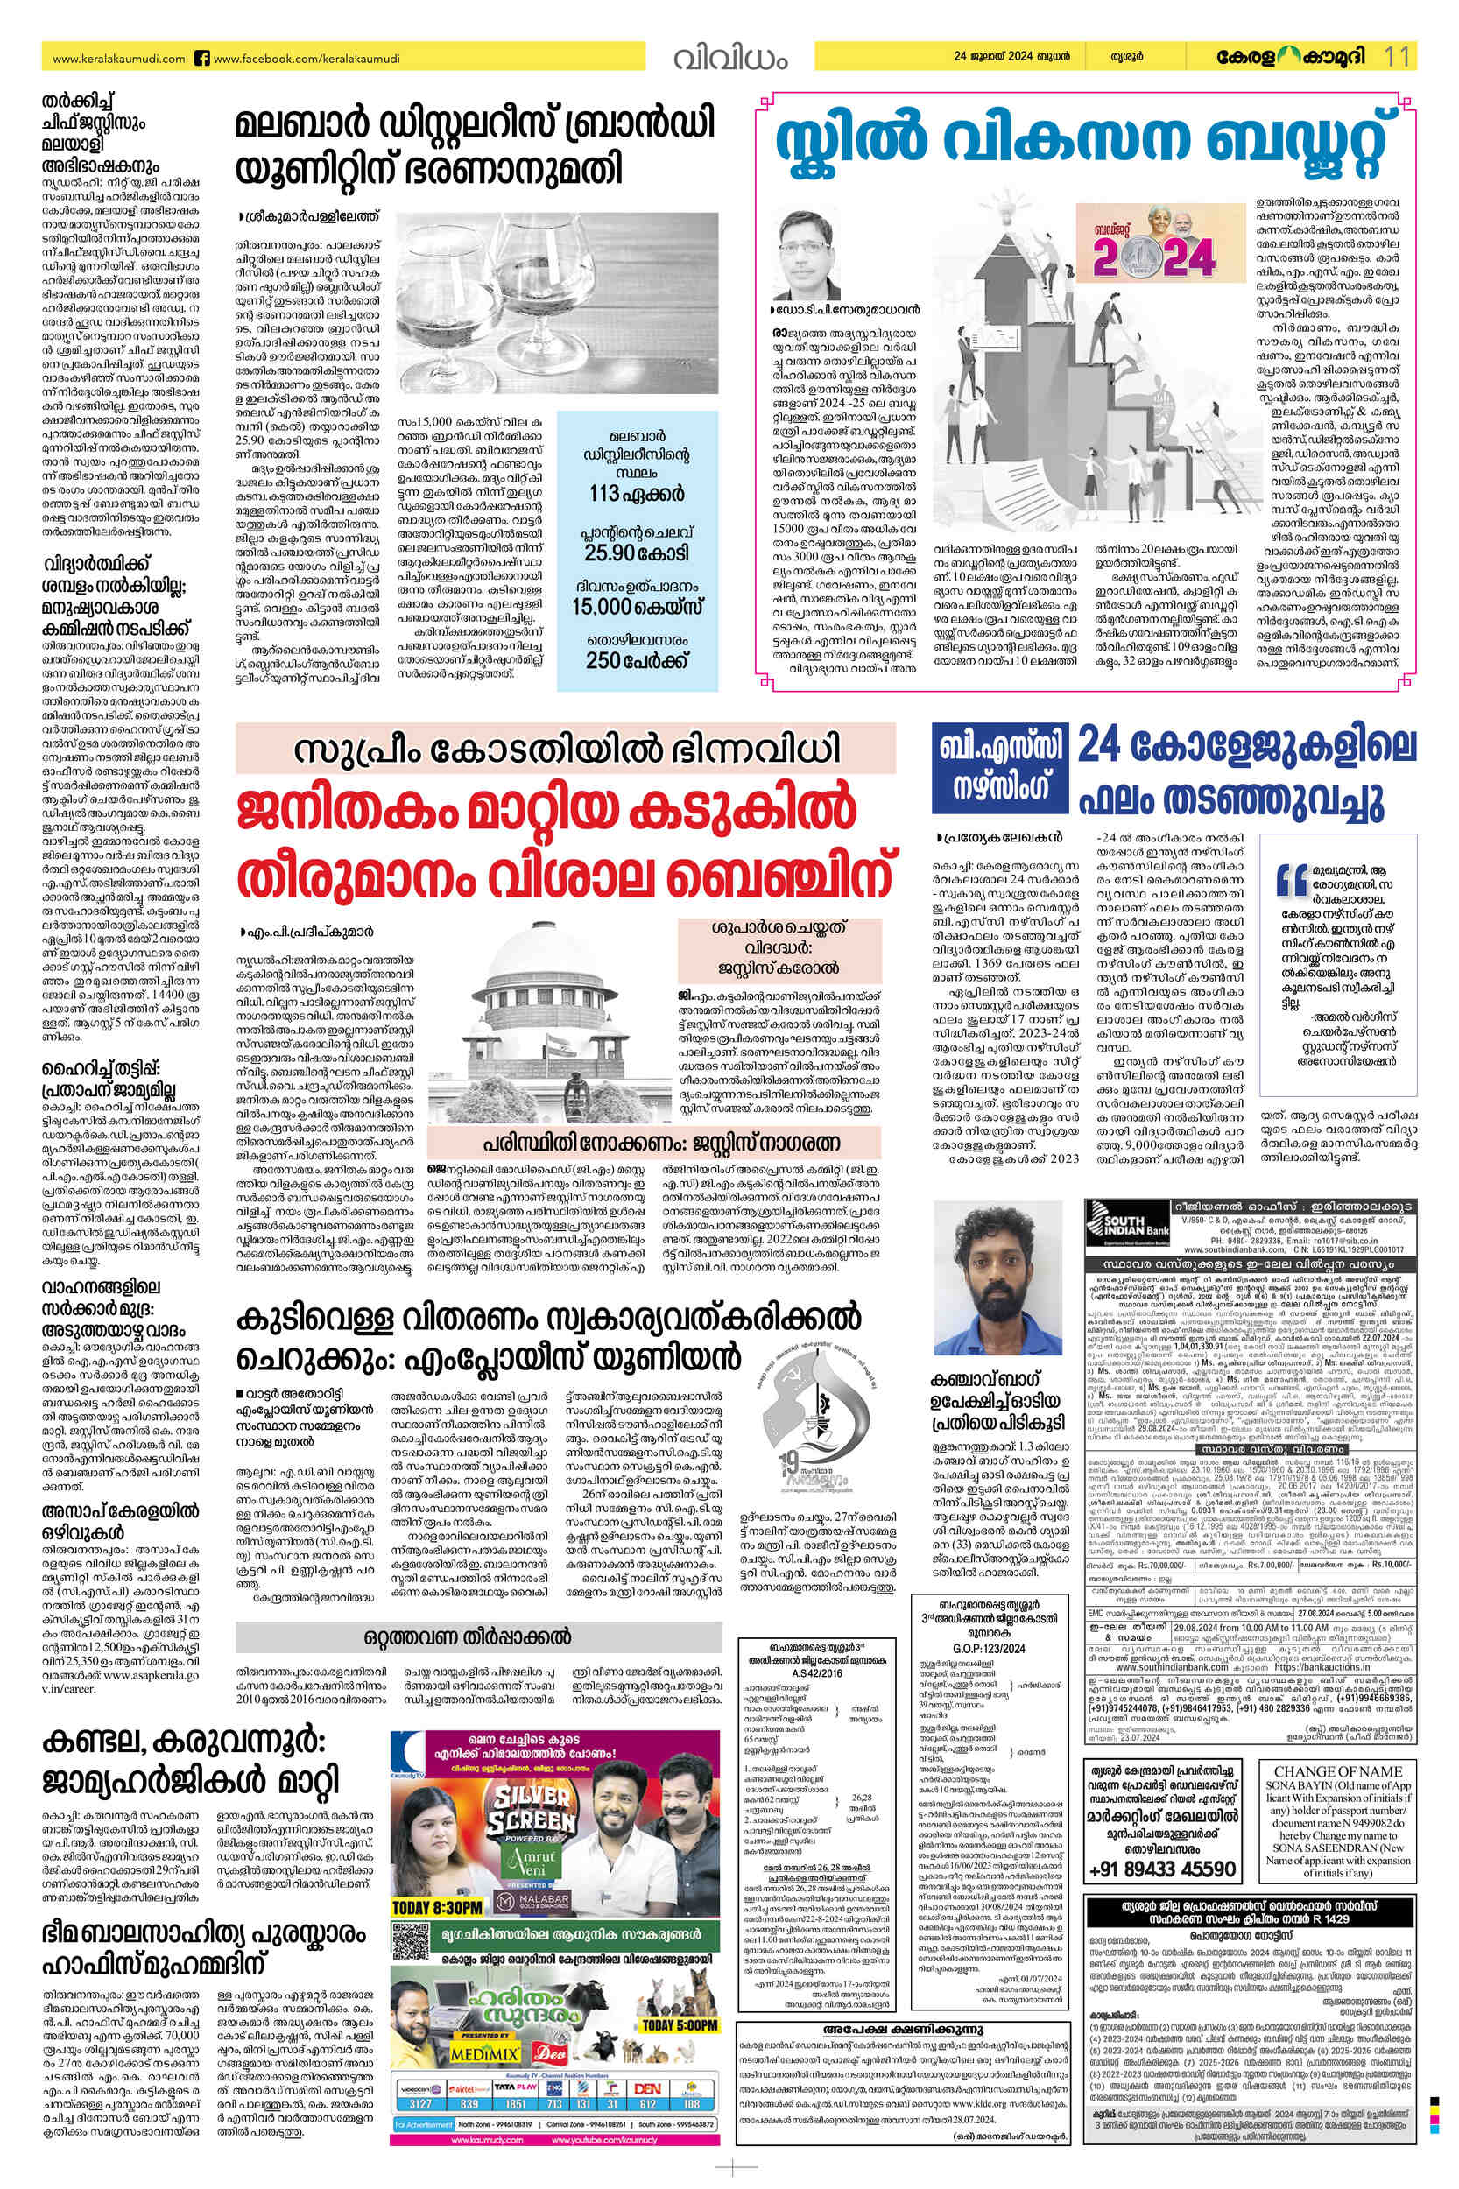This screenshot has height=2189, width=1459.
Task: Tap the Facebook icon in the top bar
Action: click(x=201, y=58)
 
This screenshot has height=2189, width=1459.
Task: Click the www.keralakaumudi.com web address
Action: click(x=119, y=58)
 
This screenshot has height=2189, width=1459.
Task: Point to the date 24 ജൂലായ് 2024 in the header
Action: click(x=1011, y=57)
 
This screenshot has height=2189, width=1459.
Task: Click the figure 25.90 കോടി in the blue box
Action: click(x=637, y=553)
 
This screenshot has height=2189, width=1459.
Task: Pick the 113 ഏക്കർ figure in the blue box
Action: click(x=637, y=493)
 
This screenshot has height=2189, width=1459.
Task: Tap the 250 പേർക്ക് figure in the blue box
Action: click(x=637, y=660)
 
